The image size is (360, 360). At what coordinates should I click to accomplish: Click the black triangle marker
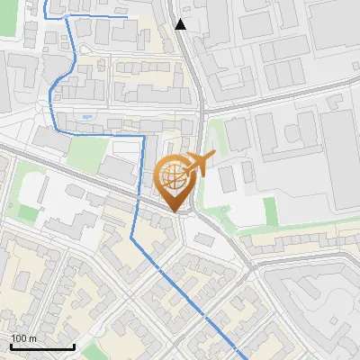[181, 24]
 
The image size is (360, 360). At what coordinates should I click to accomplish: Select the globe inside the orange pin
[174, 176]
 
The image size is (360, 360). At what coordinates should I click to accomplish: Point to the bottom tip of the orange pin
[175, 211]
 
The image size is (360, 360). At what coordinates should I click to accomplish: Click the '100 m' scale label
[23, 338]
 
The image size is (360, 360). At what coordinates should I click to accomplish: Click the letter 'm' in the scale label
[31, 338]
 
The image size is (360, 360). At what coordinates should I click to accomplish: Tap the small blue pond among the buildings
[85, 116]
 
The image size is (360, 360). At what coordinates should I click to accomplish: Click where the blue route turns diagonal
[132, 237]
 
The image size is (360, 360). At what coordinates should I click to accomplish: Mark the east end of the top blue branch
[124, 16]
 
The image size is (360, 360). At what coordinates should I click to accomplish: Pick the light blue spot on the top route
[67, 16]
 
